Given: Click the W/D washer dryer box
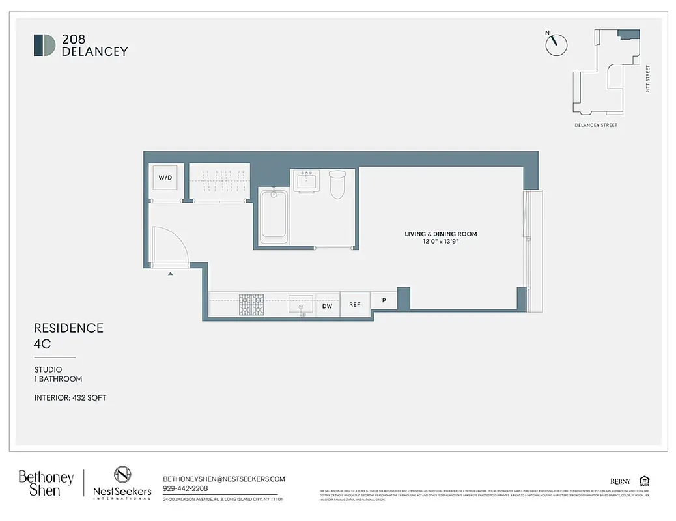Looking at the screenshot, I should coord(164,177).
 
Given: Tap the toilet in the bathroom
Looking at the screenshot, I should coord(337,184).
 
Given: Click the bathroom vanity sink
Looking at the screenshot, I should coord(305,180).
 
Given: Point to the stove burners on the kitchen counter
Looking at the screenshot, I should coord(251,304).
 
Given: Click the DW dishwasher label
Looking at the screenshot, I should coord(327,305).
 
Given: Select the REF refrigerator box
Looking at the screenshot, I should coord(354,305).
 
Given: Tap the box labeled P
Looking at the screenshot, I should coord(384,301).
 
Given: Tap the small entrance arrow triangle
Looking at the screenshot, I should coord(171,274).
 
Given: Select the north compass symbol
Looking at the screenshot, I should coord(556,44).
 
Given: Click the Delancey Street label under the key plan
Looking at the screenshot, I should coord(595,125).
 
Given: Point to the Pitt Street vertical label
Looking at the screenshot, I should coord(648,78).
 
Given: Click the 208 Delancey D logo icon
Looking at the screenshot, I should coord(44,45).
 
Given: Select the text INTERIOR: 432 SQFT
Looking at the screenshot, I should coord(70,397).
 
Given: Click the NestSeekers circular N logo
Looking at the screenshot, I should coord(122,475).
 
